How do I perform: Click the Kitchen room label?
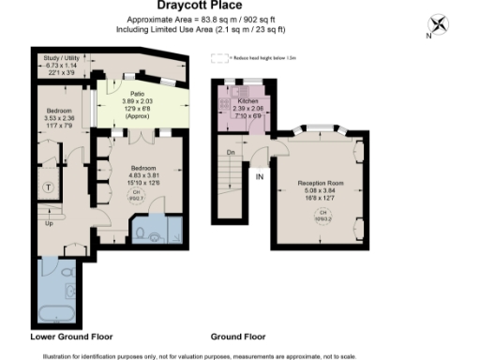pyautogui.click(x=247, y=98)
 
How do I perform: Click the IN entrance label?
pyautogui.click(x=260, y=175)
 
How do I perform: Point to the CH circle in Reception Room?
pyautogui.click(x=323, y=217)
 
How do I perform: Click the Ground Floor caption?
pyautogui.click(x=238, y=336)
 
